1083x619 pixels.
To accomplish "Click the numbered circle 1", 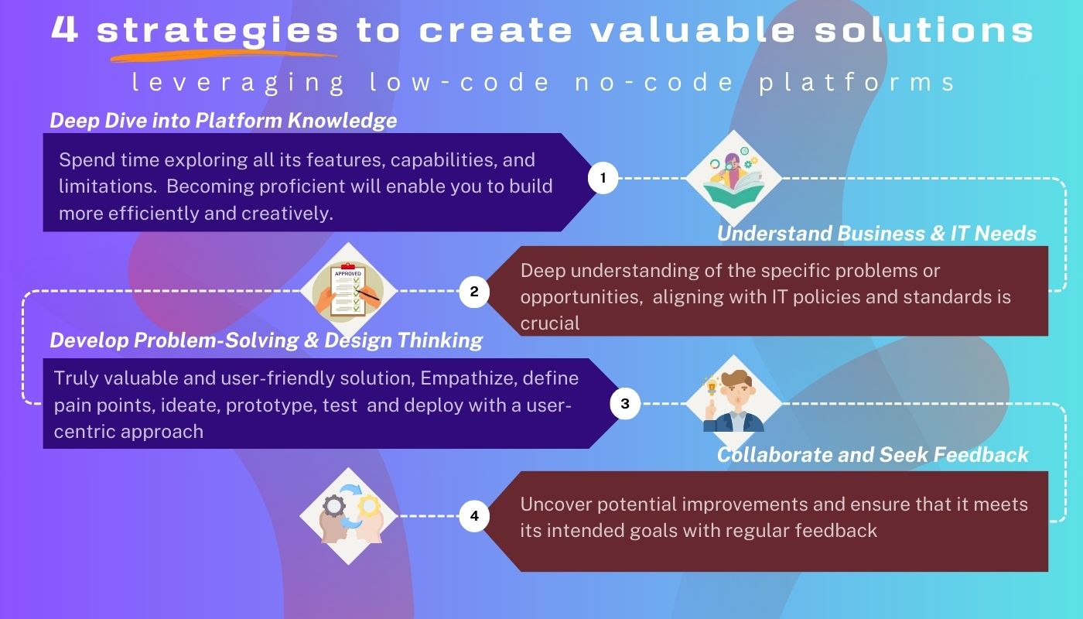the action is [603, 178].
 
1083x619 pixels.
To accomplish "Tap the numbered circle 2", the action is [474, 292].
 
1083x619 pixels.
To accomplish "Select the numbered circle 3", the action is [625, 403].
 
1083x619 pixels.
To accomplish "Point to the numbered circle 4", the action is [474, 516].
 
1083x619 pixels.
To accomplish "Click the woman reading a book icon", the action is [733, 179].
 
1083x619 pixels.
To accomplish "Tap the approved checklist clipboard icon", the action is [348, 291].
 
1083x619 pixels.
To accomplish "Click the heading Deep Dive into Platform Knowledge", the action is [224, 121].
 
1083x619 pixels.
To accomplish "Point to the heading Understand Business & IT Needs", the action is [876, 234].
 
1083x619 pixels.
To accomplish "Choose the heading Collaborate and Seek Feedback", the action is [873, 455].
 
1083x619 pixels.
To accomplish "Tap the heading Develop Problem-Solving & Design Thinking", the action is [266, 340].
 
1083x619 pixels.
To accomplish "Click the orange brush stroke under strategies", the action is [224, 56].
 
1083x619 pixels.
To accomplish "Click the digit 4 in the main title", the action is [65, 29].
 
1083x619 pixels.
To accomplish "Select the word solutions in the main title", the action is [924, 29].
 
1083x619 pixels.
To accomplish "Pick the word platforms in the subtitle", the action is [857, 82].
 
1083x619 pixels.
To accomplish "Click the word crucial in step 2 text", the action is [550, 323].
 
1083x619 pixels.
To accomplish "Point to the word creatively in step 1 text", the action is [287, 214].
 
